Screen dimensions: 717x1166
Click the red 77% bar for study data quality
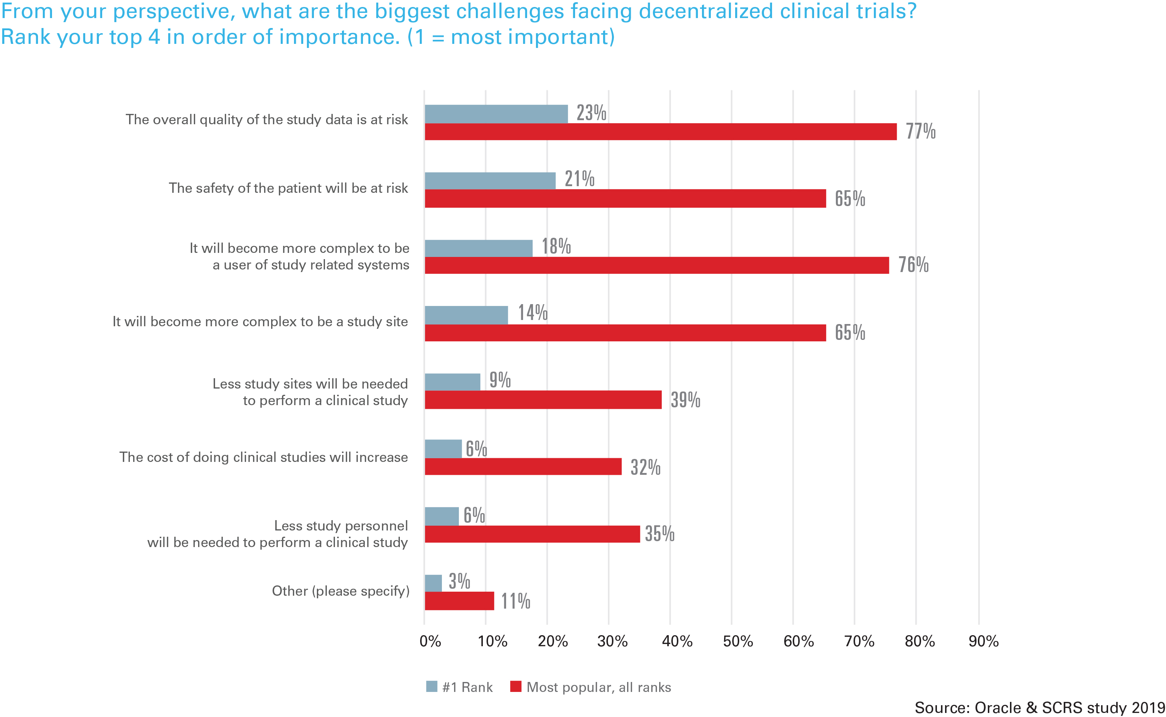coord(660,132)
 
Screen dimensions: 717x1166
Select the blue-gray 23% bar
coord(496,114)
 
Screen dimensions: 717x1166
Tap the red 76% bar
coord(657,265)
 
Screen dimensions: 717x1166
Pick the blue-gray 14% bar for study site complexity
coord(466,315)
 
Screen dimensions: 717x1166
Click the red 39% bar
coord(543,400)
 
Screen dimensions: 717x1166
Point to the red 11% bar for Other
coord(459,601)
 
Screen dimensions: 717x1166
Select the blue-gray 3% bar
coord(433,583)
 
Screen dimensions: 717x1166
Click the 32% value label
coord(645,467)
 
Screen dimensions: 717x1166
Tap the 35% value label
coord(660,534)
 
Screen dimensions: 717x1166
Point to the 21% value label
coord(579,179)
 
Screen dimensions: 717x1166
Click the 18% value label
coord(556,247)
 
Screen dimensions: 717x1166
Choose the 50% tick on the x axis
coord(738,641)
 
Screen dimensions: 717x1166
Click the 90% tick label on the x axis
coord(983,641)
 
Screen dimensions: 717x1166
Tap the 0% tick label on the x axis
coord(430,641)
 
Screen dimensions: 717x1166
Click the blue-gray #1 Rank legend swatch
coord(431,687)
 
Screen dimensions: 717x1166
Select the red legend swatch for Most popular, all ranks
coord(515,687)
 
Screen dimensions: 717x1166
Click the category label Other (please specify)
coord(340,591)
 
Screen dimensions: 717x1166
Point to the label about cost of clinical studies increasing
coord(263,457)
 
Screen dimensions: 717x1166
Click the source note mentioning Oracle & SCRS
coord(1039,707)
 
